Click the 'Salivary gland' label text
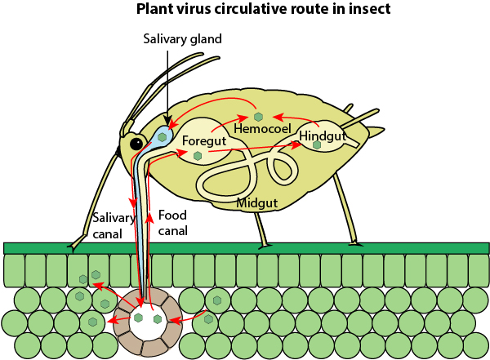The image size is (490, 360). (182, 39)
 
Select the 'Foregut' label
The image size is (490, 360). (203, 140)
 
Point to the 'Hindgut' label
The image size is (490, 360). (323, 135)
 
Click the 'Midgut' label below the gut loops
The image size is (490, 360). (259, 202)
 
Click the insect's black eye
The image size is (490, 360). (136, 144)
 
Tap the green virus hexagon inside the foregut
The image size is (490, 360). (198, 155)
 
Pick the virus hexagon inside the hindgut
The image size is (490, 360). (317, 145)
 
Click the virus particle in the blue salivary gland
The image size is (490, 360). (163, 136)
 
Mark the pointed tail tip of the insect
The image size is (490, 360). (381, 132)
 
